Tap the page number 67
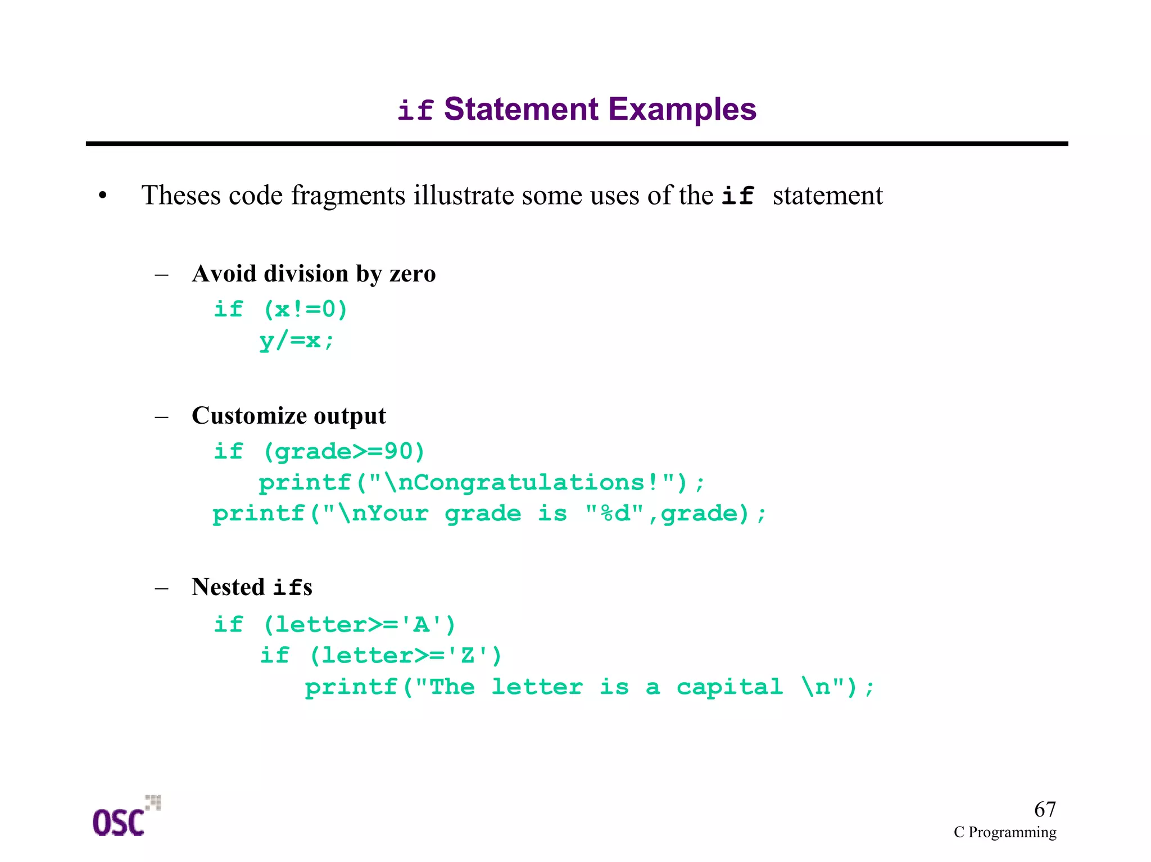[1044, 809]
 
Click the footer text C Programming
[1004, 832]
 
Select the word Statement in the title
[521, 109]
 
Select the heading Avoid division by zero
[313, 274]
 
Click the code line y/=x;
[296, 341]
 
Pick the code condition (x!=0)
[306, 310]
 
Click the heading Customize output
[288, 416]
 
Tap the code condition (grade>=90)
[344, 452]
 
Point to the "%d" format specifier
[614, 514]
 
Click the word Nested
[228, 587]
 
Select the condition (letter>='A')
[359, 625]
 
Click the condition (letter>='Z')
[405, 656]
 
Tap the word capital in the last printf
[729, 687]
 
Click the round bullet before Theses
[102, 196]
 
